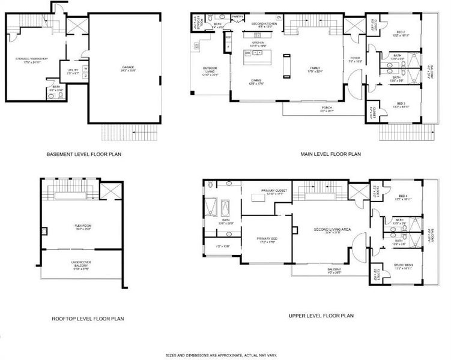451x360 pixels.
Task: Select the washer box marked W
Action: [85, 68]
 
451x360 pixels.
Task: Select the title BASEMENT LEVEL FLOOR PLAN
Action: [84, 154]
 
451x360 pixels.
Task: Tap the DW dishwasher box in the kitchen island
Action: [247, 53]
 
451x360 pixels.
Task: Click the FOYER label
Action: [356, 58]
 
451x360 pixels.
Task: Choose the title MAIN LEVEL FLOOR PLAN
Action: [330, 154]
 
